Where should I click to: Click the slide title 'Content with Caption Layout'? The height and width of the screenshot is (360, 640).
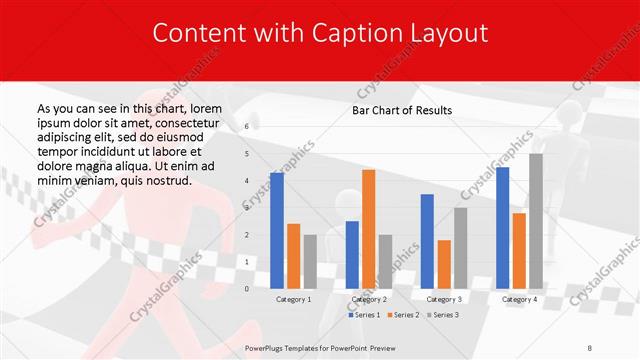320,32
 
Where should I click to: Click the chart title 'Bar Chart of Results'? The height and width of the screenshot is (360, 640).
402,110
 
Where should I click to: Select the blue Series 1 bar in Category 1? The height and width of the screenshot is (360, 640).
277,230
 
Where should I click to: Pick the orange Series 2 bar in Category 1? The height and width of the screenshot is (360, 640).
293,256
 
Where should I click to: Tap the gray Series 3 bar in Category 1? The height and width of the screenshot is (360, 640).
309,261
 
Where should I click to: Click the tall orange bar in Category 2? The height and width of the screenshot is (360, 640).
368,229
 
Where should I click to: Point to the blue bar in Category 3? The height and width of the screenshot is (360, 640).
427,241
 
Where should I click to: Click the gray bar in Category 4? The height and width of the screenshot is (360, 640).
535,221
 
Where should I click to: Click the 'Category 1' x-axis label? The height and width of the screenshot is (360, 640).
293,299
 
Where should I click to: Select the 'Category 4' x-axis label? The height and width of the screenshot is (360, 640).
518,299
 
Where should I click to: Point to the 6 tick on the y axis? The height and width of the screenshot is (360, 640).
247,128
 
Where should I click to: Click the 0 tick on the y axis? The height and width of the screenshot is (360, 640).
247,288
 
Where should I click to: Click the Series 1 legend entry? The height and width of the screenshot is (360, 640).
365,315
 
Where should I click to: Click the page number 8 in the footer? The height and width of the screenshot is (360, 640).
590,347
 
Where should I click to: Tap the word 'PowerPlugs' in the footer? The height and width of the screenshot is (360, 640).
268,347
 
